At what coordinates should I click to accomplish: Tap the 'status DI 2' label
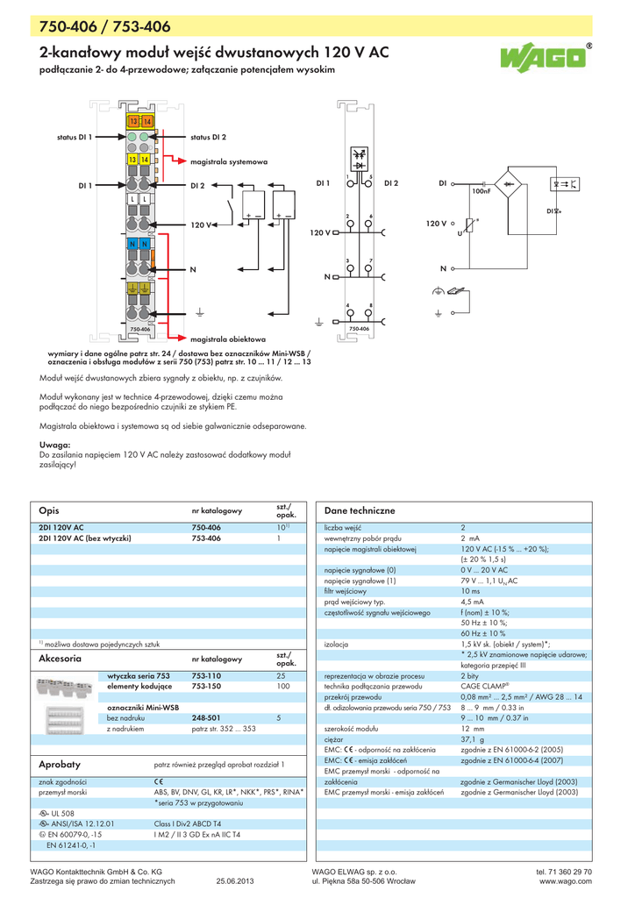coord(209,138)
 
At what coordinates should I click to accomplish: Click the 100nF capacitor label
coord(481,191)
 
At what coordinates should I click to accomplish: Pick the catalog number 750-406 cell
coord(206,528)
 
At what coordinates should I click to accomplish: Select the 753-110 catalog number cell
coord(206,676)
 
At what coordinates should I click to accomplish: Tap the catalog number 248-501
coord(206,717)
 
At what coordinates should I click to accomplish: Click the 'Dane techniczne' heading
coord(360,510)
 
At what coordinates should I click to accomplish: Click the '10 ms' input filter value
coord(471,592)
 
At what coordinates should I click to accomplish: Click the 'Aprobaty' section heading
coord(60,765)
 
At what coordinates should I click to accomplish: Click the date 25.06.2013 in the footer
coord(234,881)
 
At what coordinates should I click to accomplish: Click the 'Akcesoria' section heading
coord(61,658)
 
